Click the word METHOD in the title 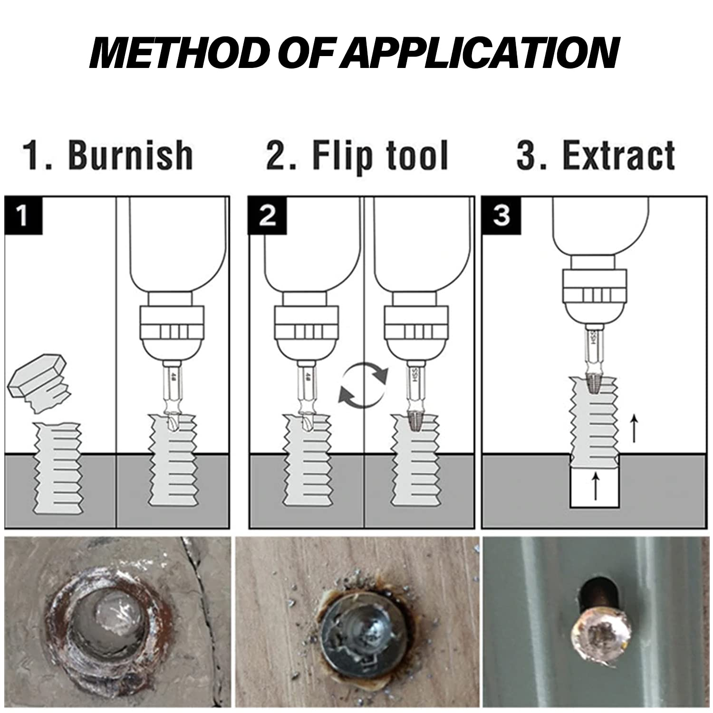tap(177, 53)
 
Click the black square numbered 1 tap(23, 215)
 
